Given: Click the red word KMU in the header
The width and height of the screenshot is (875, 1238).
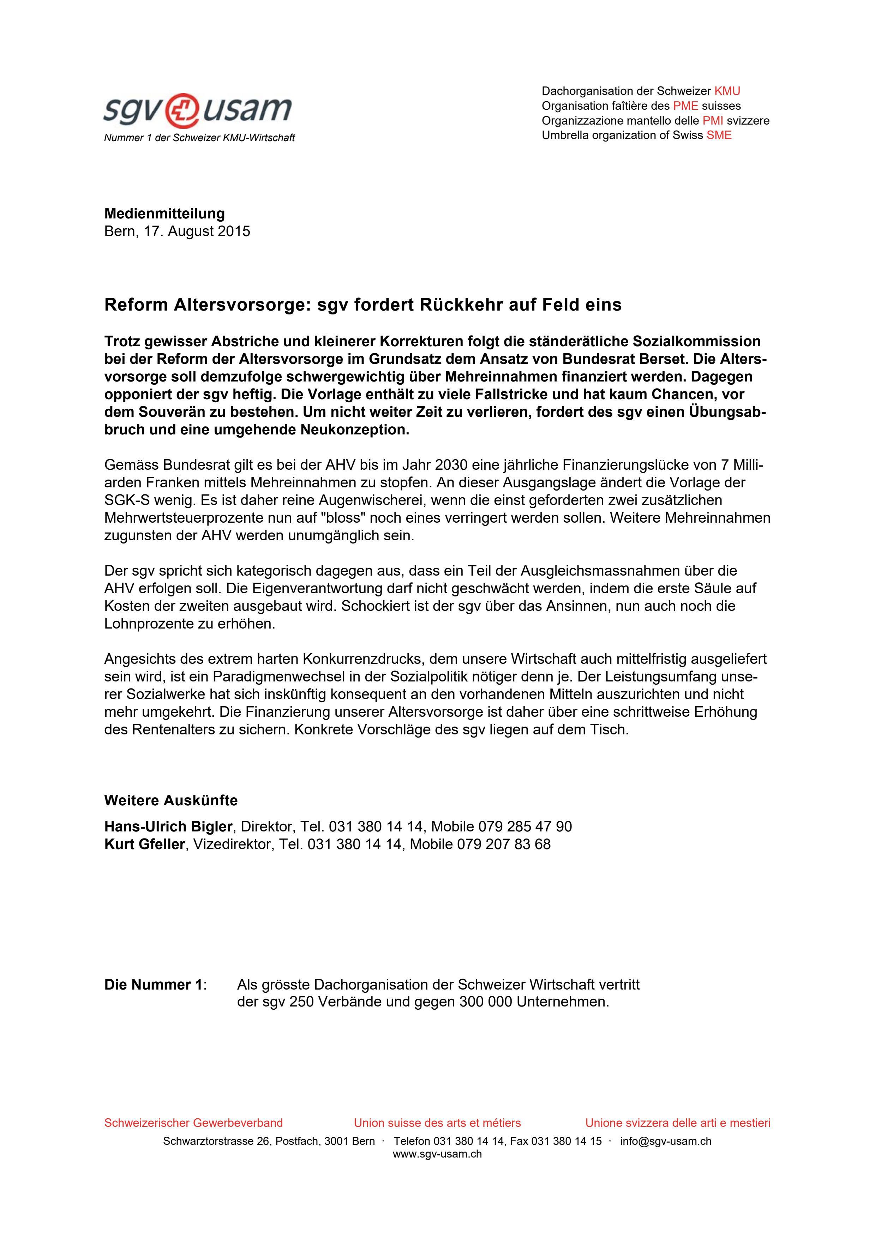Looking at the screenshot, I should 727,91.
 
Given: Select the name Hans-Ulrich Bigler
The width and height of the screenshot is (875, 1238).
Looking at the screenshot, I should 168,827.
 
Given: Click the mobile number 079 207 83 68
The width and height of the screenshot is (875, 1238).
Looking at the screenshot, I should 504,845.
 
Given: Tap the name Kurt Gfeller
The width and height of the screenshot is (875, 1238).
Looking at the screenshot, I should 144,845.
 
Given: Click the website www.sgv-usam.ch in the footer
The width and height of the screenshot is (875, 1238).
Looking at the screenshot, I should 437,1154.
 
